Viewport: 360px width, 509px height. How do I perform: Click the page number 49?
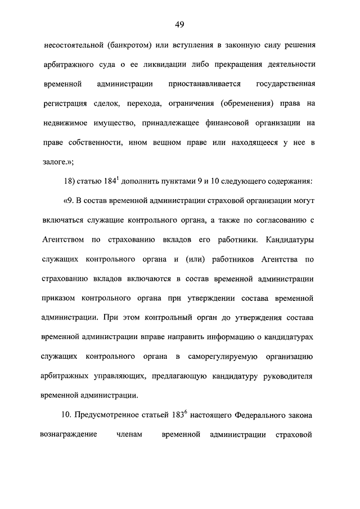coord(179,24)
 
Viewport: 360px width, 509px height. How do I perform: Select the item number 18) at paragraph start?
coord(67,182)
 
